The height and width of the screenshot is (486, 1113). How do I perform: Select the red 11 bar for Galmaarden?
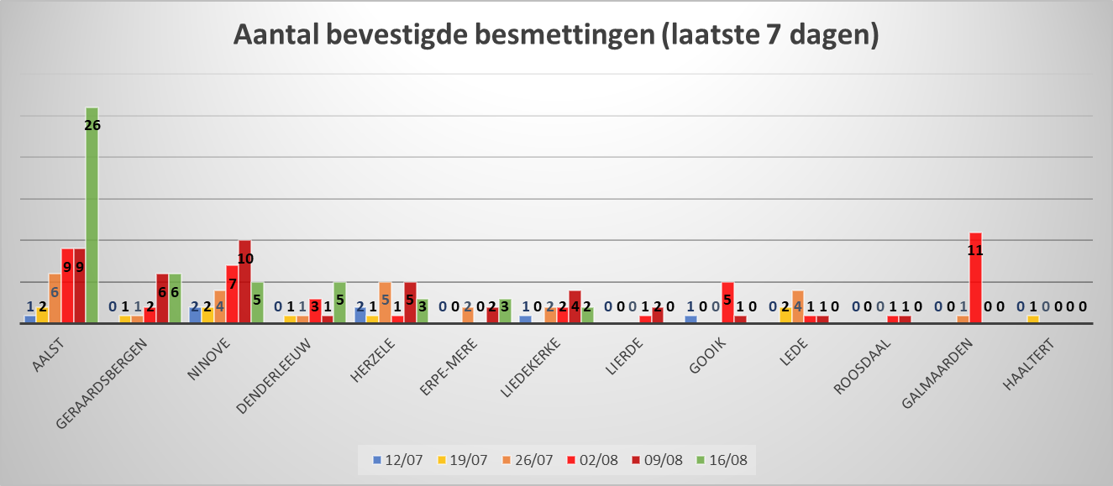975,277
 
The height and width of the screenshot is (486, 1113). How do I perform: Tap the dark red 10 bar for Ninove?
244,281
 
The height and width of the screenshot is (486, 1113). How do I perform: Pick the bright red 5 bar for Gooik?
728,302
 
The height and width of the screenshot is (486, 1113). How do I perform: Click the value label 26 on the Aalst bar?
92,125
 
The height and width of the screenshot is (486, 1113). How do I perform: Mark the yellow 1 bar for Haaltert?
1033,318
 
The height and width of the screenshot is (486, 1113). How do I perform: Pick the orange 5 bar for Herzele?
386,302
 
